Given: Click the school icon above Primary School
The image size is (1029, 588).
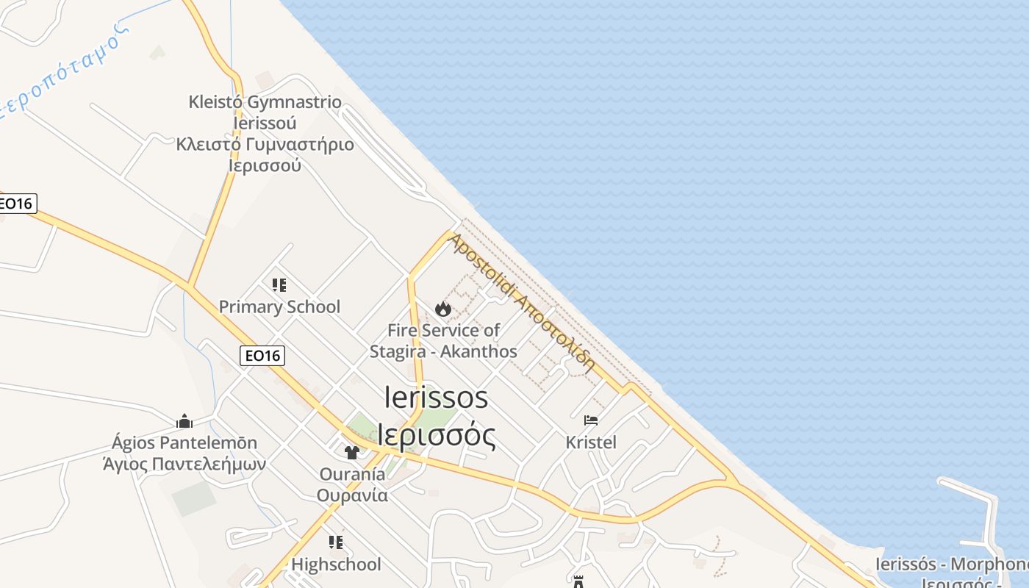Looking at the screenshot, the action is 279,285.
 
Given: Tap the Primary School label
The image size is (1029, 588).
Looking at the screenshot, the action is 279,306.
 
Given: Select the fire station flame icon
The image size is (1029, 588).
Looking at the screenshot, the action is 442,309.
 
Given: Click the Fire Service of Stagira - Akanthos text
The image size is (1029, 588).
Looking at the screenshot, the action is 443,341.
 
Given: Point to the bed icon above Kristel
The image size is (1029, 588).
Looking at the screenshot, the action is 591,420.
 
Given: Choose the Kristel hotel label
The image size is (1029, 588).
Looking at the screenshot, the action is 591,442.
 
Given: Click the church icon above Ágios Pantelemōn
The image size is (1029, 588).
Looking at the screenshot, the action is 184,421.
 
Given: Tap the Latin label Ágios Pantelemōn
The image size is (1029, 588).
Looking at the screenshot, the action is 184,442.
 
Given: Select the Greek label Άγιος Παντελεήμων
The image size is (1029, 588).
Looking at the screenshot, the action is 184,464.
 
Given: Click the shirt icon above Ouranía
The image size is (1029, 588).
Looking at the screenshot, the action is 352,452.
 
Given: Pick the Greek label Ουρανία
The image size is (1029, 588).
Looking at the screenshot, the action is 352,495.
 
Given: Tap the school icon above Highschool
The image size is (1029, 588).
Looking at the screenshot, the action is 336,542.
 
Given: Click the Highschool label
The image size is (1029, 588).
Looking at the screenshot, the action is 336,564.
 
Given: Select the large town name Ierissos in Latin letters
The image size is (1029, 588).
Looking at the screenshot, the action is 436,398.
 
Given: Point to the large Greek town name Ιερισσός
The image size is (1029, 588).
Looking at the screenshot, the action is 436,434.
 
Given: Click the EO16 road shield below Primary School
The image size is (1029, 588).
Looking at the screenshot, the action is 262,356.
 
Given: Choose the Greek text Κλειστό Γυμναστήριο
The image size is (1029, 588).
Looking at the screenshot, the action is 265,144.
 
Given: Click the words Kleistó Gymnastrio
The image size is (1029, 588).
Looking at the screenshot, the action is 265,101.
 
